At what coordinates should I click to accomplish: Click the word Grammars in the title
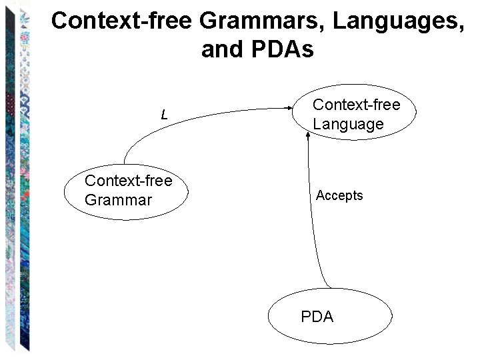[261, 21]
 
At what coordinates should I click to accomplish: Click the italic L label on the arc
[164, 115]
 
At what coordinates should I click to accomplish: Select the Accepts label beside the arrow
[339, 195]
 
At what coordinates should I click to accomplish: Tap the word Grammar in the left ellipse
[118, 200]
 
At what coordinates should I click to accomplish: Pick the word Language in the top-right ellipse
[348, 124]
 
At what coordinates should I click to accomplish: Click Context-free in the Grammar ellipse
[128, 181]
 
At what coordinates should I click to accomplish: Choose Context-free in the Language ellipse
[356, 105]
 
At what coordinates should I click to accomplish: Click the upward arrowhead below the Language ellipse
[308, 135]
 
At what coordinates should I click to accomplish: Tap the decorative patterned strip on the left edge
[15, 180]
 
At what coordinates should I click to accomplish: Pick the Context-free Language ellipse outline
[416, 115]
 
